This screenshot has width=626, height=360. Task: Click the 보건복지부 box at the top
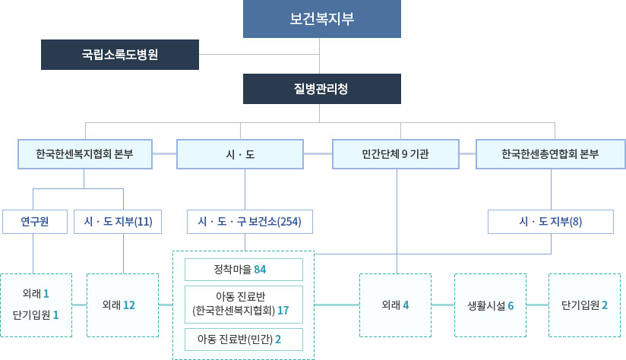(x=322, y=19)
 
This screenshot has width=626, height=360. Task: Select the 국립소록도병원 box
(x=120, y=55)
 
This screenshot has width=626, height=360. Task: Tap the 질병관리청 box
(x=322, y=89)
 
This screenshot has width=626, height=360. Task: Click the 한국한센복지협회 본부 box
(x=84, y=154)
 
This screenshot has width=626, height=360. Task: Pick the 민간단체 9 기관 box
(x=396, y=154)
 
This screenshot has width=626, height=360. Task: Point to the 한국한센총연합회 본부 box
(x=550, y=154)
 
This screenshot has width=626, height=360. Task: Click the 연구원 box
(x=34, y=222)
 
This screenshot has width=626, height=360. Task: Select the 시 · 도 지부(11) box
(x=119, y=222)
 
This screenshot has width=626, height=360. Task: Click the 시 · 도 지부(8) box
(x=550, y=222)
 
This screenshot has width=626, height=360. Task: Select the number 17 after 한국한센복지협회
(x=283, y=311)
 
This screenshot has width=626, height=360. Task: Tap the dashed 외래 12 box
(x=123, y=305)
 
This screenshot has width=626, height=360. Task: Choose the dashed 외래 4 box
(x=395, y=305)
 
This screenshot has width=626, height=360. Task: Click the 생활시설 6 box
(x=490, y=305)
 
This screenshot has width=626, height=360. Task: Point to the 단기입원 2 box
(x=584, y=305)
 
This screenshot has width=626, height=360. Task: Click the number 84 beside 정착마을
(x=260, y=270)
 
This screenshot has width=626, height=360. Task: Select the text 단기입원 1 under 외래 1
(x=36, y=314)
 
